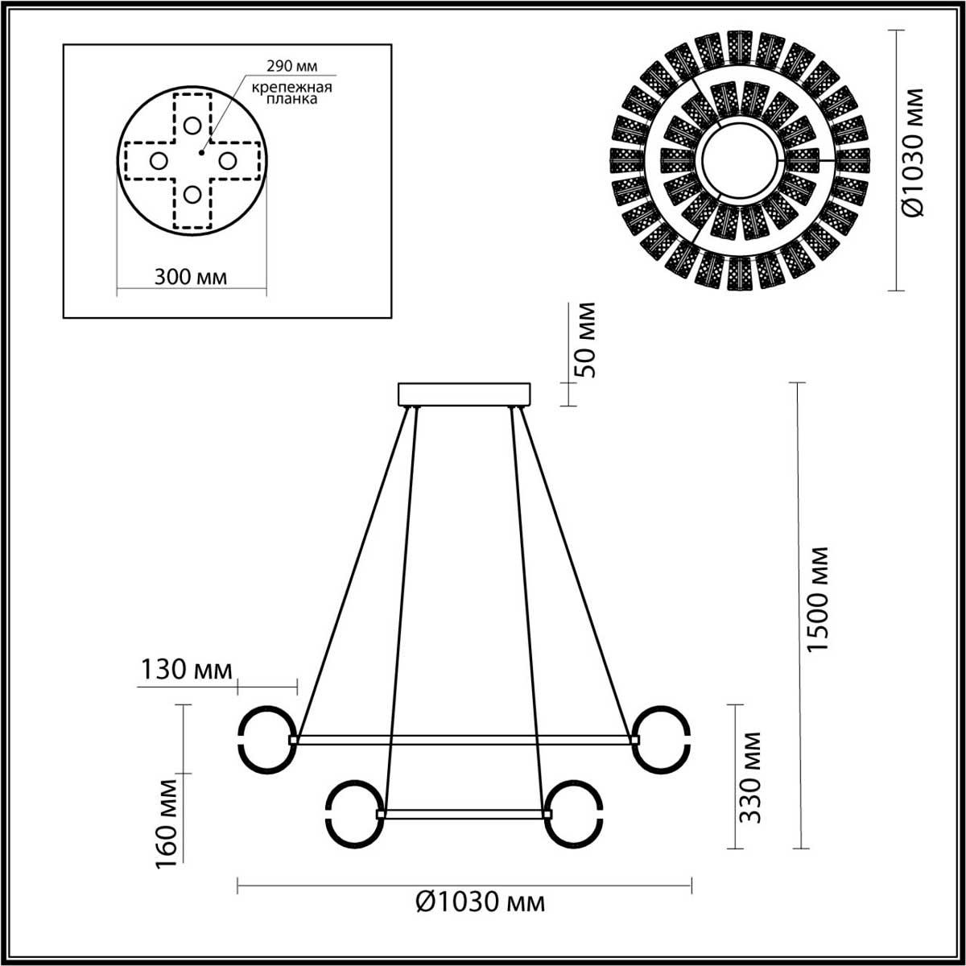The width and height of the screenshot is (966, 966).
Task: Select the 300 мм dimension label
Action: [190, 277]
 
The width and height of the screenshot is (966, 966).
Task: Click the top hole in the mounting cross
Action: [192, 125]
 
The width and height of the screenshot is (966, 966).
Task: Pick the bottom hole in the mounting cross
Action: [192, 194]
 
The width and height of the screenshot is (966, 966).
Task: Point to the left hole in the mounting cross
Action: [158, 161]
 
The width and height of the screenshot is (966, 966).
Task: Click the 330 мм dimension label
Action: [750, 776]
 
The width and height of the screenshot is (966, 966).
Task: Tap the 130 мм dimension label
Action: [186, 669]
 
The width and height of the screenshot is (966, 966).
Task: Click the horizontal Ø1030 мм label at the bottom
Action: [481, 902]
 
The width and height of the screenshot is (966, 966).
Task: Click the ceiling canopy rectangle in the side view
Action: [465, 394]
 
